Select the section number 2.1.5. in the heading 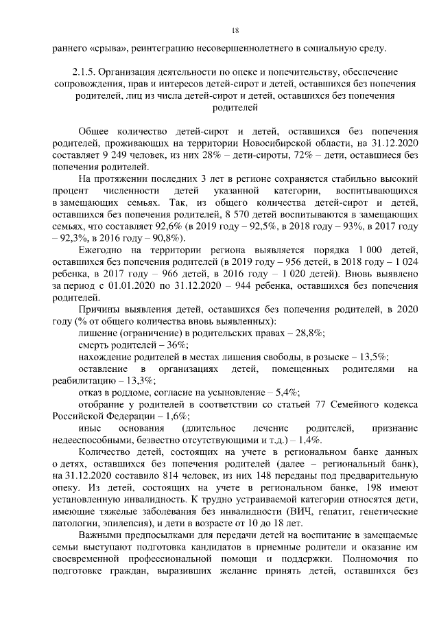tap(86, 71)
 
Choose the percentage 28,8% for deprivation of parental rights tap(307, 333)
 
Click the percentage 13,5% tap(371, 357)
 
